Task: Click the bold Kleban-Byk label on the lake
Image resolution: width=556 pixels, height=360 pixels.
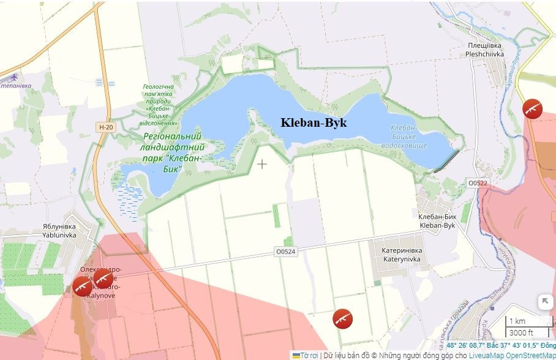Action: (x=314, y=122)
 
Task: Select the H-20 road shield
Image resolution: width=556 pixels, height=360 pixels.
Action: (x=106, y=127)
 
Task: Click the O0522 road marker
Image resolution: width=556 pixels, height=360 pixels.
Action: (x=477, y=183)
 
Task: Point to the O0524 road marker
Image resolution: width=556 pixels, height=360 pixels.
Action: (x=285, y=252)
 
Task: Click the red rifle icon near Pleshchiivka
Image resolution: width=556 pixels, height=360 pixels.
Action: (x=532, y=108)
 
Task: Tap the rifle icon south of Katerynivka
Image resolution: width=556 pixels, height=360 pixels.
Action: (x=342, y=318)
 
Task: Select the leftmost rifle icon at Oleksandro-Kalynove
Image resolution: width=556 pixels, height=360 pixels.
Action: (x=82, y=286)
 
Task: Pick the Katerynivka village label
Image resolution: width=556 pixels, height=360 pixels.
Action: (x=402, y=255)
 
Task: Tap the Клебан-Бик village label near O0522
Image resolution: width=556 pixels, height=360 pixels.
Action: (x=437, y=221)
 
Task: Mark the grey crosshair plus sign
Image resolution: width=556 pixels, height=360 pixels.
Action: (x=262, y=164)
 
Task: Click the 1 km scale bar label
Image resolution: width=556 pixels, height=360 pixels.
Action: (x=517, y=321)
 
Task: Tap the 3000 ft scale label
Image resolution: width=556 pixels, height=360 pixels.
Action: (x=521, y=332)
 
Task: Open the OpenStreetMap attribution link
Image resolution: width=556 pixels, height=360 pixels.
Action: (x=530, y=355)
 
